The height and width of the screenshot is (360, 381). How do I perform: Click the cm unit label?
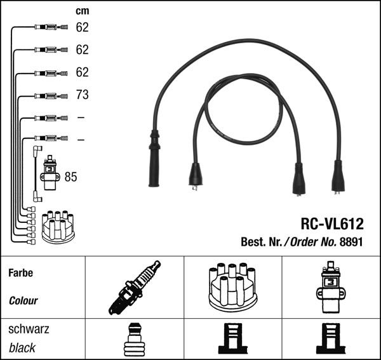(x=83, y=10)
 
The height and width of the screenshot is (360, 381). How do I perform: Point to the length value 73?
(x=82, y=95)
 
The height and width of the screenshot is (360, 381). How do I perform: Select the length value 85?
(x=70, y=177)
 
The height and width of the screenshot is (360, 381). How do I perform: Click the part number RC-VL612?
(x=331, y=223)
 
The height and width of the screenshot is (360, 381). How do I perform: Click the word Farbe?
(x=20, y=274)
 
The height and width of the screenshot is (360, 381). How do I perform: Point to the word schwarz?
(x=29, y=330)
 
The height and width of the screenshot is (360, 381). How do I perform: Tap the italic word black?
(x=22, y=348)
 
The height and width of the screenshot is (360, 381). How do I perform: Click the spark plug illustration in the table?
(x=135, y=288)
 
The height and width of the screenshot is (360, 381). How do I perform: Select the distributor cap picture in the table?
(x=232, y=286)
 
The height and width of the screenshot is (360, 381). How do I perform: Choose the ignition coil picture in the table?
(x=330, y=288)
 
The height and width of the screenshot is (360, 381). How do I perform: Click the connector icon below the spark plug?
(x=134, y=340)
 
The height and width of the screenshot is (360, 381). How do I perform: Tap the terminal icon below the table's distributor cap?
(x=232, y=340)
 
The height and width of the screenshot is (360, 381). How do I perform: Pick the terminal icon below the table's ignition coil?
(x=330, y=340)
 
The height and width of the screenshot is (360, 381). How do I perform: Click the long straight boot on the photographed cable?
(x=154, y=159)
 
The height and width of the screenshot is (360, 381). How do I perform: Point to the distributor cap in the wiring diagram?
(x=58, y=227)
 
